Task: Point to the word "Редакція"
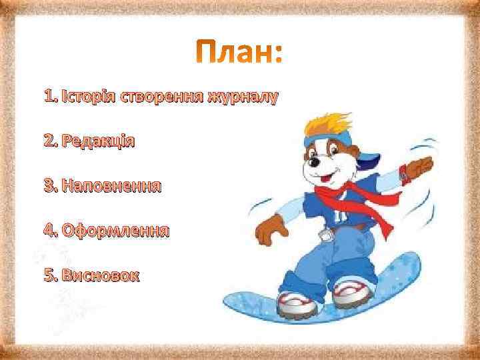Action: click(97, 141)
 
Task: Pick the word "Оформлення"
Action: click(114, 231)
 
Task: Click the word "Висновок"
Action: click(100, 275)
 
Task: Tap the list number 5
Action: click(48, 275)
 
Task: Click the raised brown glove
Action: click(420, 164)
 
